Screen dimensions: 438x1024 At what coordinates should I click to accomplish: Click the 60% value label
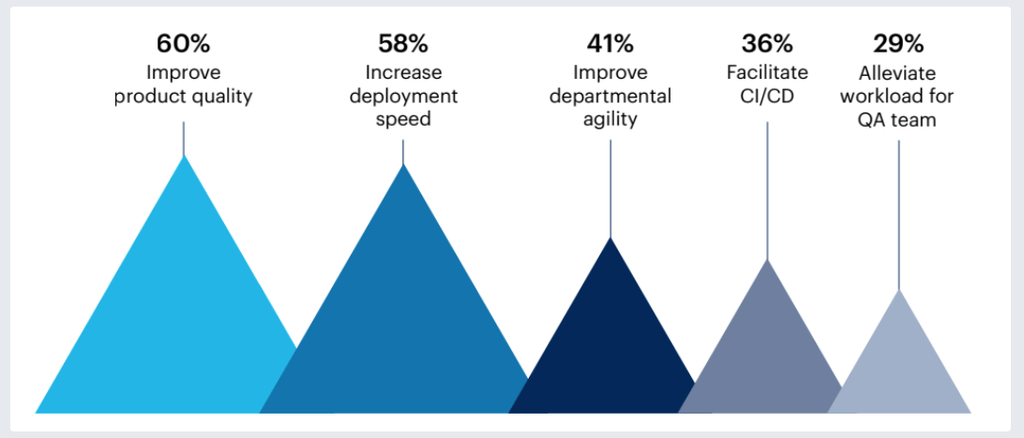tap(184, 44)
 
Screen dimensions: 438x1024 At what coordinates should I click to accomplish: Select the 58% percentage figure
tap(403, 44)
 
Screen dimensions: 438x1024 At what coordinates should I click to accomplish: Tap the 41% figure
tap(610, 44)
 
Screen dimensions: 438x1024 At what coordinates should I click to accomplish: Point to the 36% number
tap(767, 44)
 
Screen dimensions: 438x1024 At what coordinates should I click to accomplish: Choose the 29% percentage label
tap(898, 44)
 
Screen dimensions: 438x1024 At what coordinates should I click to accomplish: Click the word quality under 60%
tap(221, 97)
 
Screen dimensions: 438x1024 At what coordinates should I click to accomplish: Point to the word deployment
tap(403, 97)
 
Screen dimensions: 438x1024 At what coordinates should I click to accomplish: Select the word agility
tap(610, 120)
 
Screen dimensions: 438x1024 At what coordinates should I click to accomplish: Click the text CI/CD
tap(767, 97)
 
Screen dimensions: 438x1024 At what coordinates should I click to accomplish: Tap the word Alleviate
tap(898, 73)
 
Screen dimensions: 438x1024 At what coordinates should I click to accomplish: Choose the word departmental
tap(610, 97)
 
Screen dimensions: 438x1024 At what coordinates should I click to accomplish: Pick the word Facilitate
tap(767, 73)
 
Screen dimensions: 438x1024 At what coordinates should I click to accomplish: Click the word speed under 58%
tap(403, 120)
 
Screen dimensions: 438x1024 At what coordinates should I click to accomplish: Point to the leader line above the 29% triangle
tap(899, 216)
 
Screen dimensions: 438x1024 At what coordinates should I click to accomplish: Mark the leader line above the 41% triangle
tap(610, 188)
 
